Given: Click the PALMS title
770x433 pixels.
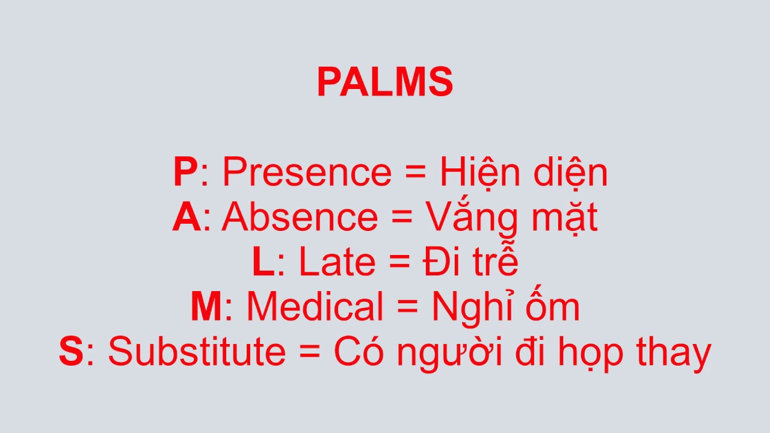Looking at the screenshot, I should [385, 83].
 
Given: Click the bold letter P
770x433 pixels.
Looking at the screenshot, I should [185, 173].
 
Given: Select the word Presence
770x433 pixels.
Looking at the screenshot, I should [307, 173].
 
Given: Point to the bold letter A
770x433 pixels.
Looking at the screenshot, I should [186, 218].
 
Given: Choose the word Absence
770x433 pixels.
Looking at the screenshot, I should [300, 218].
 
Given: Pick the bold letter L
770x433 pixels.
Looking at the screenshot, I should [263, 263].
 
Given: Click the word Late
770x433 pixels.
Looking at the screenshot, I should [337, 263].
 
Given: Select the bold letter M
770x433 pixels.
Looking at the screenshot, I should [206, 307].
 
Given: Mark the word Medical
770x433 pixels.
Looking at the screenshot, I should [315, 307].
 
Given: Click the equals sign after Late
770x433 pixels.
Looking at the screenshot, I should [399, 263].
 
